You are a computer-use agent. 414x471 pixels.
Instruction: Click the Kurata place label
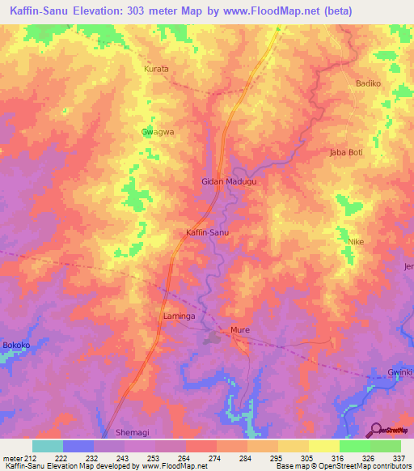pyautogui.click(x=156, y=69)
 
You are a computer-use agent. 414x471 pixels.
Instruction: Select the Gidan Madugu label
pyautogui.click(x=229, y=182)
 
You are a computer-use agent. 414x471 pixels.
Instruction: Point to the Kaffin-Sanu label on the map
pyautogui.click(x=208, y=232)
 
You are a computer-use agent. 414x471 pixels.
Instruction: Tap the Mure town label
pyautogui.click(x=239, y=330)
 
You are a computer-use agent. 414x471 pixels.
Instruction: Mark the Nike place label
pyautogui.click(x=356, y=241)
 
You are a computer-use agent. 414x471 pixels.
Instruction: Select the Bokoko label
pyautogui.click(x=16, y=346)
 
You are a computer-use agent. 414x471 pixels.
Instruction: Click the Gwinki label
pyautogui.click(x=400, y=371)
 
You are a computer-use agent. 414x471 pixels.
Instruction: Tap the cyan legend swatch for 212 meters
pyautogui.click(x=48, y=446)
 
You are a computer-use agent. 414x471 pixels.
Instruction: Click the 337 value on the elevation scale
pyautogui.click(x=399, y=457)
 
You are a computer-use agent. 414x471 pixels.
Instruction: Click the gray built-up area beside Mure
pyautogui.click(x=213, y=338)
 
